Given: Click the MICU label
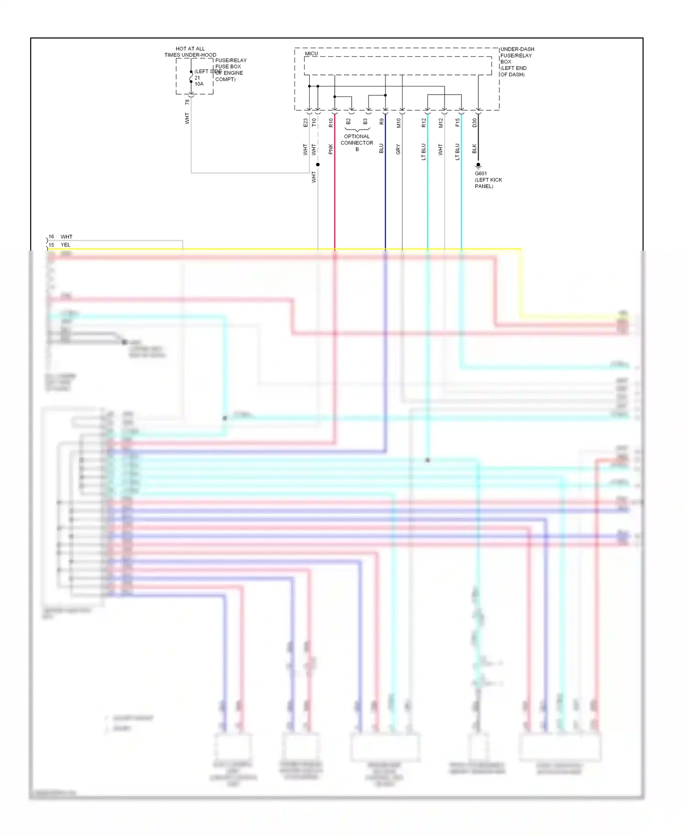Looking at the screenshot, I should (x=311, y=54).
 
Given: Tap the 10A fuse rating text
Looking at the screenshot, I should (x=199, y=84).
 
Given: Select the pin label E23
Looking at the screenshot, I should (x=305, y=123).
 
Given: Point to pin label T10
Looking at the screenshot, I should (x=314, y=123).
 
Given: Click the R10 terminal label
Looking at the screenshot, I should (x=331, y=123).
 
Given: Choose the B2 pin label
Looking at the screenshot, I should (x=348, y=122).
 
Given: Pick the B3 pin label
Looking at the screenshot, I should (x=365, y=122).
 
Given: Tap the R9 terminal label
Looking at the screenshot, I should (x=381, y=122).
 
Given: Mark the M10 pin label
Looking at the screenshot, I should (x=398, y=123).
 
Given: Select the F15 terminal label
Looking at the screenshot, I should (x=457, y=123).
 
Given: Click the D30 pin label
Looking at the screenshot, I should (x=474, y=123).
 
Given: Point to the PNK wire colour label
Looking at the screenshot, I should (x=331, y=149).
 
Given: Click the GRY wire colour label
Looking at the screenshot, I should (x=398, y=149).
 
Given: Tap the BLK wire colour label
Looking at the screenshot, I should (x=474, y=149).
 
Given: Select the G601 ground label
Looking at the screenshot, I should (x=481, y=174).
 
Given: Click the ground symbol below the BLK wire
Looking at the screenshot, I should (x=478, y=166).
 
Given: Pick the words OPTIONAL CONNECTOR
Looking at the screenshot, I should (x=357, y=139).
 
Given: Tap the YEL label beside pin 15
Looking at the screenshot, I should (x=65, y=245).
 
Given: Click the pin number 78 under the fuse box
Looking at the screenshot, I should (x=187, y=102).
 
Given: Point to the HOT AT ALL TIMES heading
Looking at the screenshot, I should (x=190, y=52).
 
